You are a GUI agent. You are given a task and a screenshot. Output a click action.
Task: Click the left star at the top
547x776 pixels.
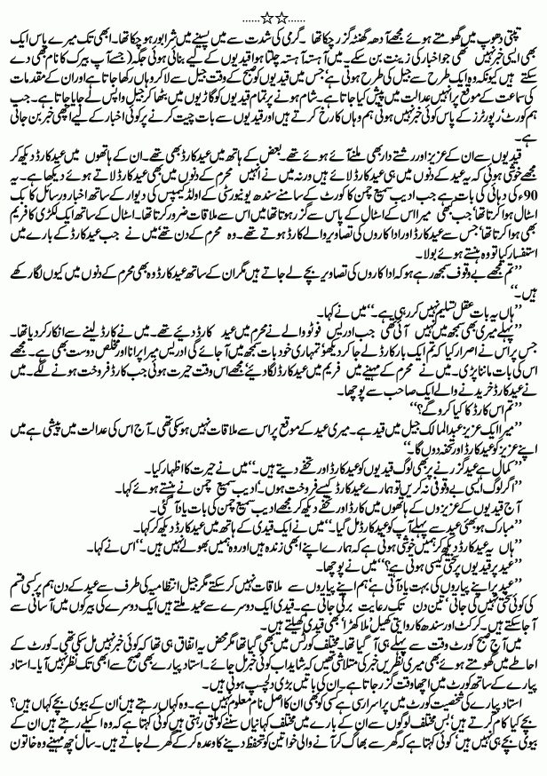pos(264,13)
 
